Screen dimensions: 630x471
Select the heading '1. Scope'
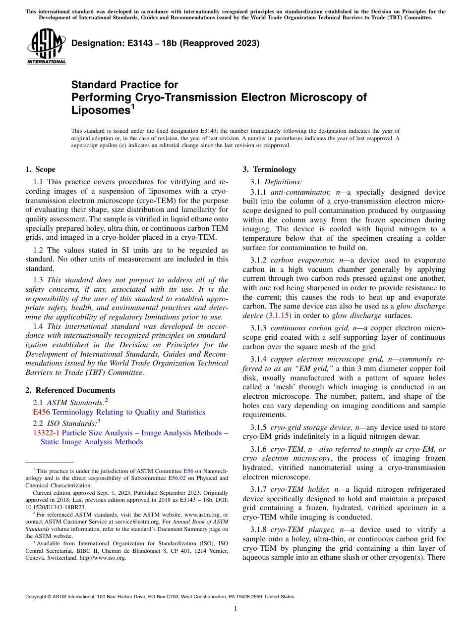tap(41, 169)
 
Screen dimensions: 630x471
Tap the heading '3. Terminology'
tap(269, 169)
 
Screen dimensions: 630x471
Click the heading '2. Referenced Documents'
tap(70, 390)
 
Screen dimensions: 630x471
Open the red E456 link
tap(41, 412)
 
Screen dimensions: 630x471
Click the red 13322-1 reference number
tap(46, 433)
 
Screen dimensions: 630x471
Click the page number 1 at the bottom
tap(235, 609)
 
